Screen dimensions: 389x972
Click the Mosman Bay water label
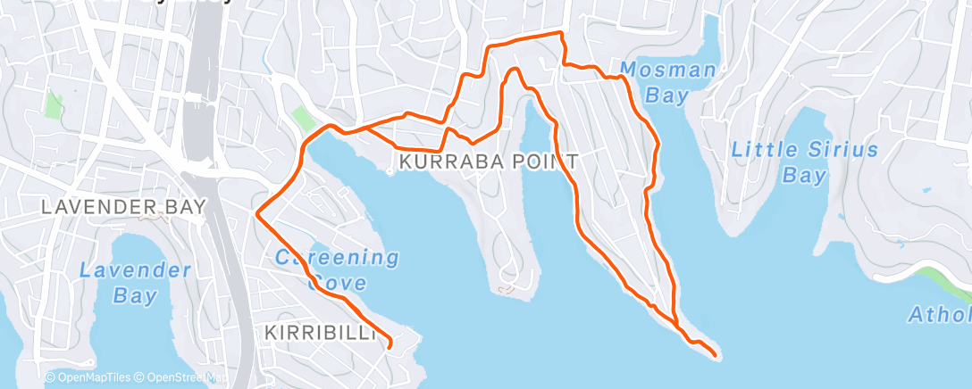tap(667, 81)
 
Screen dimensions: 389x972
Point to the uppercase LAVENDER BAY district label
tap(124, 207)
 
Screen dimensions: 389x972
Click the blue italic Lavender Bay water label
tap(134, 282)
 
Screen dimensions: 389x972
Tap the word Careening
tap(336, 258)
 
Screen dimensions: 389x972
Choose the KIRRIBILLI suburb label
tap(319, 333)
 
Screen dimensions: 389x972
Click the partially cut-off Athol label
tap(939, 315)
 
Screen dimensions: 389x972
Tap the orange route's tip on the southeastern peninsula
tap(716, 355)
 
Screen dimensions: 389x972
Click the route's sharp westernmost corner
tap(257, 214)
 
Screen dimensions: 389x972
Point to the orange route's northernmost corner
tap(561, 33)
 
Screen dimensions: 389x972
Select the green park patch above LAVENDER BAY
tap(54, 106)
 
